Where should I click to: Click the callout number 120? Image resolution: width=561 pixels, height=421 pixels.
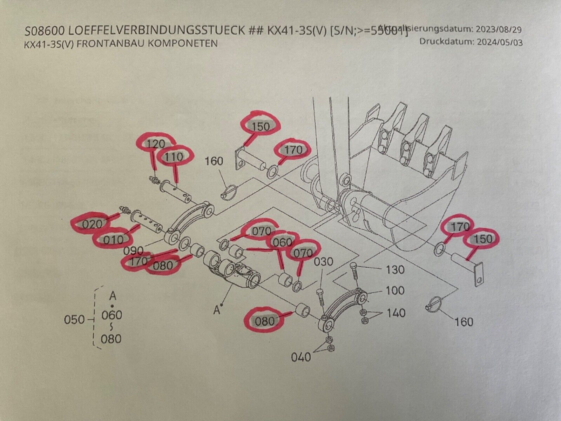click(155, 143)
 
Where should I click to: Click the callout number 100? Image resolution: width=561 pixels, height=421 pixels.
click(395, 290)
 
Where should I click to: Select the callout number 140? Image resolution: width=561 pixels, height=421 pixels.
click(396, 313)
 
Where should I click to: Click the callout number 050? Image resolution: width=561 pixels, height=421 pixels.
click(75, 320)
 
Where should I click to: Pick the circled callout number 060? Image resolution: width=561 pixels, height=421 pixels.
click(283, 242)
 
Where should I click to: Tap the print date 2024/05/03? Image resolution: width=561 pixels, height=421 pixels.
click(499, 42)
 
